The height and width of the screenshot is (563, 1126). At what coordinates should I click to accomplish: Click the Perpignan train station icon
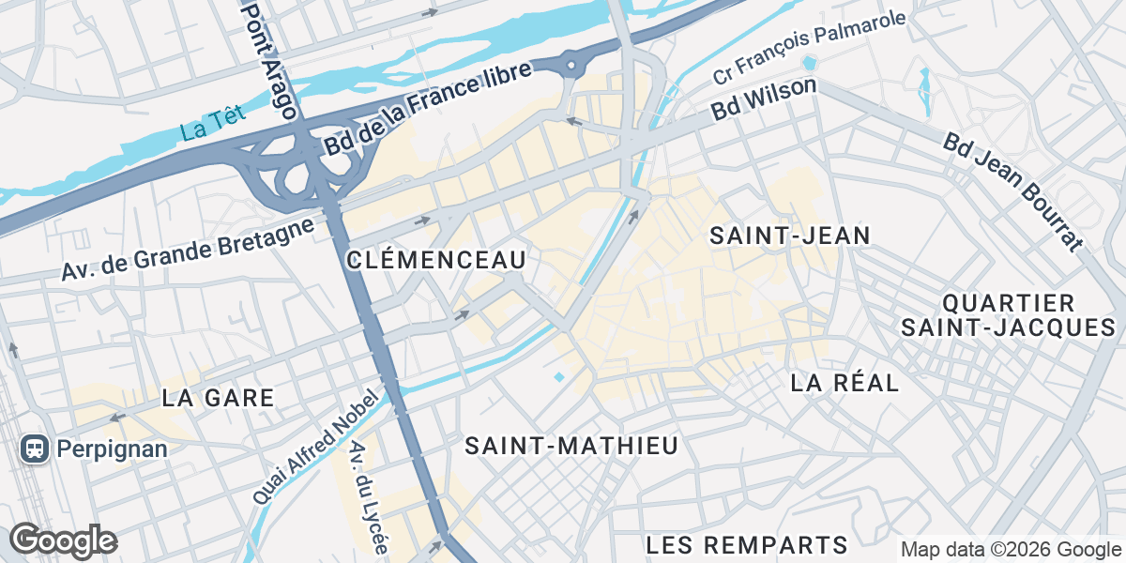click(x=35, y=449)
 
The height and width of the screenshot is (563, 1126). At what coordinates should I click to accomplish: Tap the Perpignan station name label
click(x=112, y=449)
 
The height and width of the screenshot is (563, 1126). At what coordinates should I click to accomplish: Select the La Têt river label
click(x=213, y=123)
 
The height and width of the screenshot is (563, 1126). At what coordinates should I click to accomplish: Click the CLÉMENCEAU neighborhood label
click(x=435, y=260)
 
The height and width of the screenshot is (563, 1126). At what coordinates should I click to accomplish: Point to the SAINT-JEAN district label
click(x=790, y=236)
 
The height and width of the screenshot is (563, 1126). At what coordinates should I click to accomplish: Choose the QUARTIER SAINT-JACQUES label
click(x=1008, y=315)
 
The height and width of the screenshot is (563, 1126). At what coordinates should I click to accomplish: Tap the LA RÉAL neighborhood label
click(x=844, y=383)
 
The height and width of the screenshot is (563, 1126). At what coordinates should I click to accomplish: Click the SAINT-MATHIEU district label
click(x=571, y=446)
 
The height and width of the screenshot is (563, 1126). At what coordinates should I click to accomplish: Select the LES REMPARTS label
click(x=747, y=544)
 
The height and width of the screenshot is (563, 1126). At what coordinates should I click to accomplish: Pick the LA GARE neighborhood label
click(x=218, y=398)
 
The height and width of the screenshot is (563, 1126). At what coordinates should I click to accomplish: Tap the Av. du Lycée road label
click(x=368, y=496)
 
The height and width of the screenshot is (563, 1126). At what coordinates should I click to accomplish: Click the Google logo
click(x=63, y=540)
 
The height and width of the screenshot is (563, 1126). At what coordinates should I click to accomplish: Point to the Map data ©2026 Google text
click(x=1011, y=550)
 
